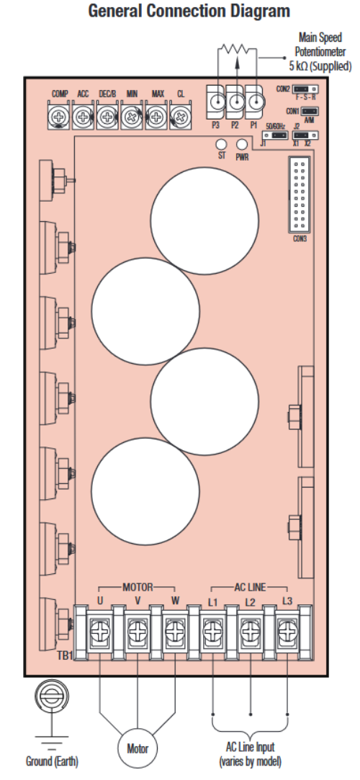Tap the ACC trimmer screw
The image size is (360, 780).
click(83, 117)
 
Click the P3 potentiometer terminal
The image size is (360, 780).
click(215, 102)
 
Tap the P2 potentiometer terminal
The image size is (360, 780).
click(235, 102)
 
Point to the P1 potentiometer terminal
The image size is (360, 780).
click(255, 102)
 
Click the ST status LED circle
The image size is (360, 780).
click(221, 144)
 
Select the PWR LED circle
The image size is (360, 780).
click(242, 144)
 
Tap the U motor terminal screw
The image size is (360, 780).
click(100, 632)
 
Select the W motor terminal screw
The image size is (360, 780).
click(175, 632)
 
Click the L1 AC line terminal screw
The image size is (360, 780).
click(213, 632)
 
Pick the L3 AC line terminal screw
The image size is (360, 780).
click(287, 632)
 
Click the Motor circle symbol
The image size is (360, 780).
click(138, 748)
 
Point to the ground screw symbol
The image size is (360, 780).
click(51, 698)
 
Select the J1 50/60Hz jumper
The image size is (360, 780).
click(274, 135)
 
